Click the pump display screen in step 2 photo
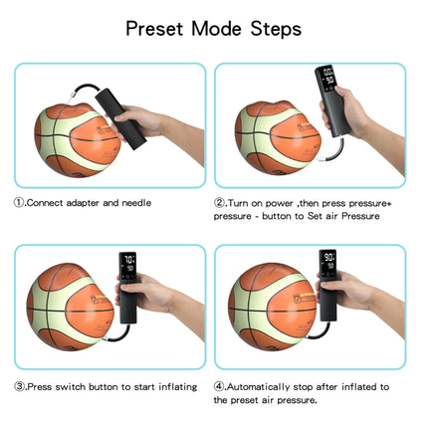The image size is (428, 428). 326,79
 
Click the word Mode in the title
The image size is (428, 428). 216,28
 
